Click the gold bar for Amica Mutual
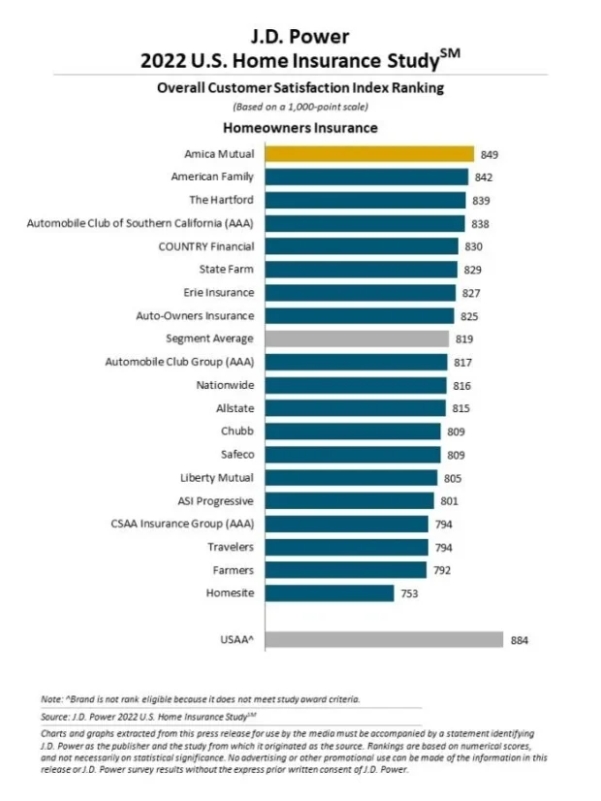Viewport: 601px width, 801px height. pyautogui.click(x=368, y=154)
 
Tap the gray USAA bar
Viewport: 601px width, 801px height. pyautogui.click(x=384, y=640)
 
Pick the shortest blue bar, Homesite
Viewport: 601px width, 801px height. pyautogui.click(x=330, y=593)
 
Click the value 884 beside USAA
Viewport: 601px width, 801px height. pyautogui.click(x=519, y=640)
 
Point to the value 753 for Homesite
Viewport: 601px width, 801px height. pyautogui.click(x=410, y=593)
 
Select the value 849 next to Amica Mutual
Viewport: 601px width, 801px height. pyautogui.click(x=489, y=154)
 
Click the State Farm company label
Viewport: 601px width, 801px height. pyautogui.click(x=227, y=269)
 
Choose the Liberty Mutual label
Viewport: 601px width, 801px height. pyautogui.click(x=217, y=477)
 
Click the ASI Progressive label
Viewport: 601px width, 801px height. pyautogui.click(x=216, y=500)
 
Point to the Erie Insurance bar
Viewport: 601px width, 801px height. pyautogui.click(x=360, y=292)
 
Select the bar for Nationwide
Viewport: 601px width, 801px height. pyautogui.click(x=355, y=385)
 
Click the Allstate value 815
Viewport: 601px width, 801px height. pyautogui.click(x=461, y=408)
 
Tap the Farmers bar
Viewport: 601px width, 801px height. pyautogui.click(x=344, y=569)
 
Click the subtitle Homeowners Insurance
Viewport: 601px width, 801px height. pyautogui.click(x=300, y=128)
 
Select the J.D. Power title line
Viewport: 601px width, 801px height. pyautogui.click(x=300, y=38)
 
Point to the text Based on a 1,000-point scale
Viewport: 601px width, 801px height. pyautogui.click(x=300, y=106)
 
